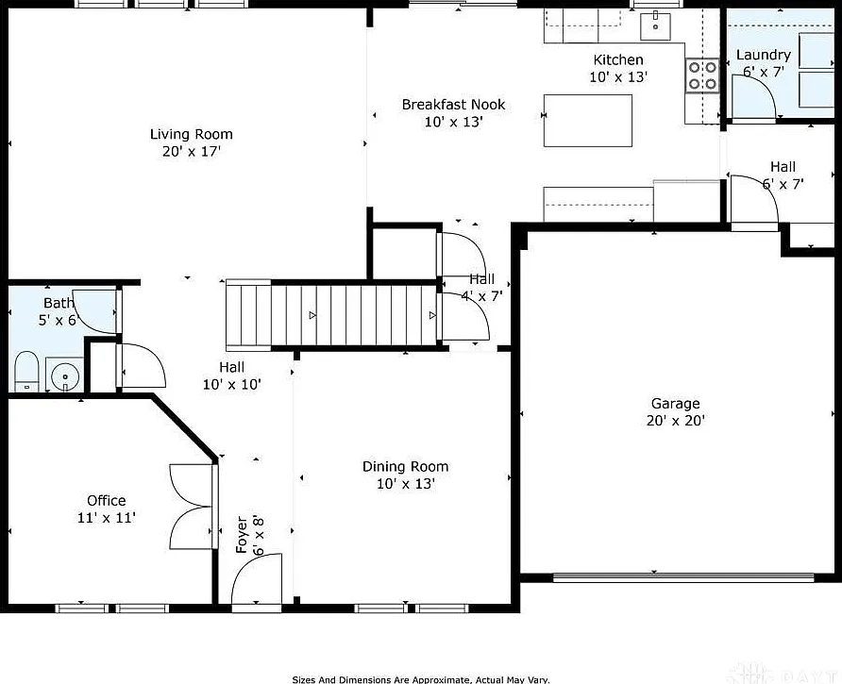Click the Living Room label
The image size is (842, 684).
[x=192, y=134]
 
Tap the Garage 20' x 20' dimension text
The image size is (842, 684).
[x=676, y=421]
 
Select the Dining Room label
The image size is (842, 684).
[x=406, y=467]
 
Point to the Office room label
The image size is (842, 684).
[x=107, y=500]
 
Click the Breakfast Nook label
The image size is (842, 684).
[x=454, y=104]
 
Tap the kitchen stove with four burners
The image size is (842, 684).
[x=703, y=75]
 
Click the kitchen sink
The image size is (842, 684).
[x=655, y=25]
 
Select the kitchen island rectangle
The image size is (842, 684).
[x=588, y=120]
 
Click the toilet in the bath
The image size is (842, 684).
[x=26, y=372]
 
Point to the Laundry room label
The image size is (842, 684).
[x=764, y=55]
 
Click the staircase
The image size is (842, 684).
[x=331, y=315]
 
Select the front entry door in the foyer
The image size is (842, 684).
[x=257, y=580]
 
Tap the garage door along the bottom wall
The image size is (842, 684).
[x=683, y=577]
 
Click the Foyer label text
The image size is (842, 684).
[x=242, y=535]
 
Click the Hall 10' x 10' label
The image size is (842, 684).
[x=232, y=375]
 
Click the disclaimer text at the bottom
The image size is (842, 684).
[x=421, y=679]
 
